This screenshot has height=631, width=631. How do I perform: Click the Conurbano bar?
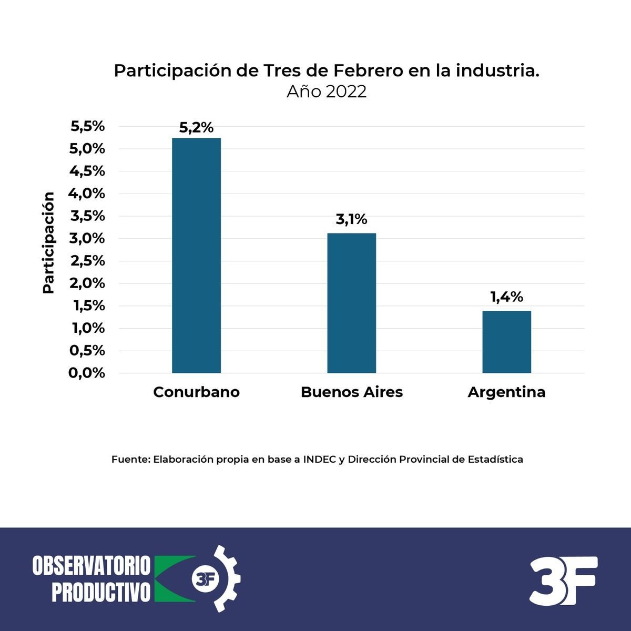tap(196, 256)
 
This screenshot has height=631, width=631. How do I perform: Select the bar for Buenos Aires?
tap(351, 303)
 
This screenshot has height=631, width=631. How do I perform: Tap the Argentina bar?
tap(506, 342)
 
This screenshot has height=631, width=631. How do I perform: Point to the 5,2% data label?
tap(196, 127)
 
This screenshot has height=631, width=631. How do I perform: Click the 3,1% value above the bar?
tap(351, 219)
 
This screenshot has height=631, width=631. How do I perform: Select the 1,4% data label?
tap(506, 297)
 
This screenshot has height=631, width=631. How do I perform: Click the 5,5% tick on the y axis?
tap(87, 126)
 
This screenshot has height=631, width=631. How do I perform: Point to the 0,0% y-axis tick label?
tap(87, 373)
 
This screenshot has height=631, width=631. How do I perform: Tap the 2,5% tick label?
tap(87, 261)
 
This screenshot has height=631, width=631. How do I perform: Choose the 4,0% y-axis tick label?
tap(87, 194)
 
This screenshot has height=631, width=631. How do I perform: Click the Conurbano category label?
tap(196, 392)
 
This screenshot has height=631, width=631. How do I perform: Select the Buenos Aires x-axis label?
tap(351, 392)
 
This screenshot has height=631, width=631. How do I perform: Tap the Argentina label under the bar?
tap(506, 392)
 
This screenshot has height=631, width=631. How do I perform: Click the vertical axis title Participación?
tap(48, 243)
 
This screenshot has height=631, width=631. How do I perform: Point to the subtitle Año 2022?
tap(327, 92)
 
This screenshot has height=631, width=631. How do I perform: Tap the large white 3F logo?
tap(563, 580)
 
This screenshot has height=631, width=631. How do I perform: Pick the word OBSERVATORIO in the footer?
tap(91, 566)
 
